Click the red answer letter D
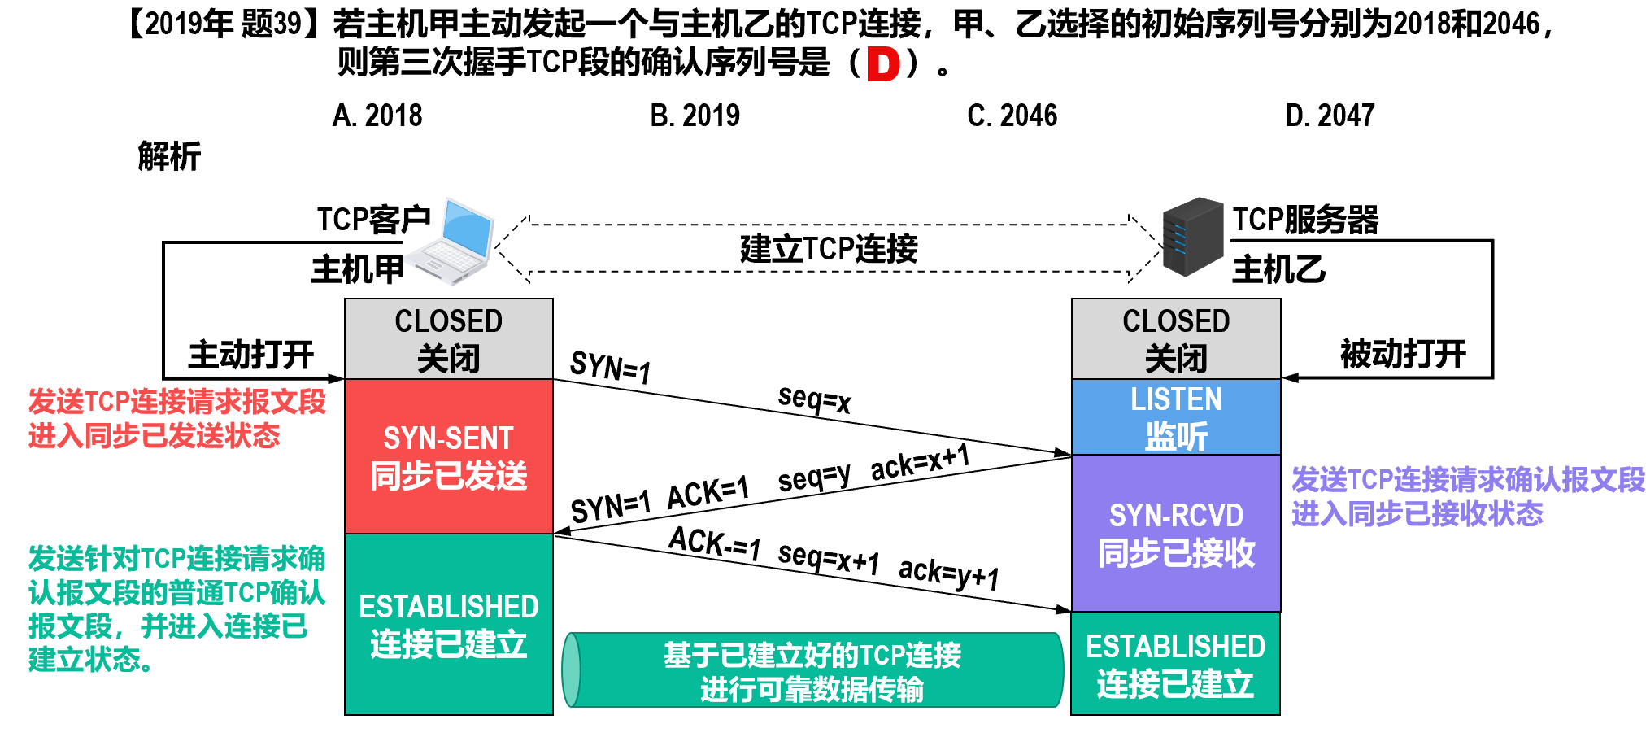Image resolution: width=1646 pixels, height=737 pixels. point(883,64)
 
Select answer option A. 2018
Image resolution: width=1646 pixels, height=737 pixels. point(377,116)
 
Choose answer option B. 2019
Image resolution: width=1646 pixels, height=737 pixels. point(695,116)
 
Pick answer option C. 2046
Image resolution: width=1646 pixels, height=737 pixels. point(1012,116)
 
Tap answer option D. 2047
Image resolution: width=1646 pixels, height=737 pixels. point(1330,116)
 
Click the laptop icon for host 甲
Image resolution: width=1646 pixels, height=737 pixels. point(452,242)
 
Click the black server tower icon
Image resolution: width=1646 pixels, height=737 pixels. point(1193,237)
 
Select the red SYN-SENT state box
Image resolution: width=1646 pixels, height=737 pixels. point(449,456)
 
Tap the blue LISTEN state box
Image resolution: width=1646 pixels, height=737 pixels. point(1176,417)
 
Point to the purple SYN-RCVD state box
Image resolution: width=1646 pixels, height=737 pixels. point(1176,534)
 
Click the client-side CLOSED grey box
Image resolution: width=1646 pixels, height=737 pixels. point(449,339)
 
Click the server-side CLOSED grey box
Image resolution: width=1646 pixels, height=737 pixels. point(1176,339)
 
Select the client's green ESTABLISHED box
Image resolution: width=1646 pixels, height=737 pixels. point(449,625)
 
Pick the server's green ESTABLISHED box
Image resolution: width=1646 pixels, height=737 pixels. point(1176,665)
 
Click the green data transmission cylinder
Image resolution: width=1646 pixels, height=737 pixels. point(812,670)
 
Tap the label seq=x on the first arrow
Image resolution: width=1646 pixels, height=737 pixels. point(814,399)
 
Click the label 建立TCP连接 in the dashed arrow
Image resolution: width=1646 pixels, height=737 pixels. point(829,249)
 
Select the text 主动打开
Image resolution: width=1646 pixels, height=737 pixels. point(251,355)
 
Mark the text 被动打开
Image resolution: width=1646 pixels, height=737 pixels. point(1403,355)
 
